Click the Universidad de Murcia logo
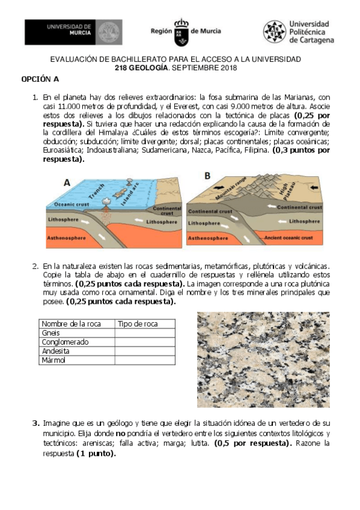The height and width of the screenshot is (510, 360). [x=72, y=32]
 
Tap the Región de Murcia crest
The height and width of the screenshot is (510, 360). [x=180, y=32]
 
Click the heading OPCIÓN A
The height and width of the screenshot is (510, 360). [x=40, y=79]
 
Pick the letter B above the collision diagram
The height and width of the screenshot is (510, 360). [x=207, y=176]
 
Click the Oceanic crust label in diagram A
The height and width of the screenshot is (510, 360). [x=67, y=205]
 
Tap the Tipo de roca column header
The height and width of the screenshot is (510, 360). [x=138, y=324]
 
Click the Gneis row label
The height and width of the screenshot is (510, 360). [x=51, y=333]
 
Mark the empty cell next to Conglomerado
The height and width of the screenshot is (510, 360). [x=145, y=342]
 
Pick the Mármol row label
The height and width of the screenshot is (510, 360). [x=53, y=360]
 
